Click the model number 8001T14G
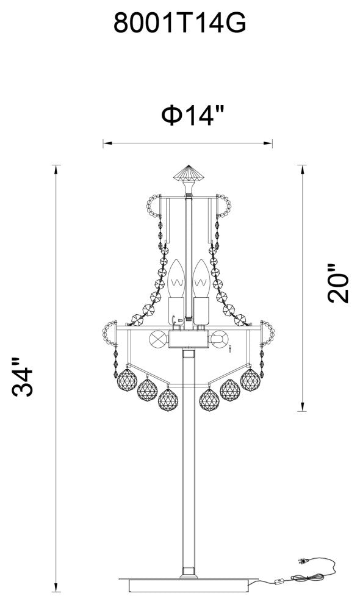coord(179,24)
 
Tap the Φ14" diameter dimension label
coord(193,115)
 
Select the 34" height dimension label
coord(23,377)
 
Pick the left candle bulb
coord(176,278)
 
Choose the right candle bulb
coord(201,278)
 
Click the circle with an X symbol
coord(158,339)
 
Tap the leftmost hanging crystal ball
coord(128,380)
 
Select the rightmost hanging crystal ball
coord(250,380)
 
